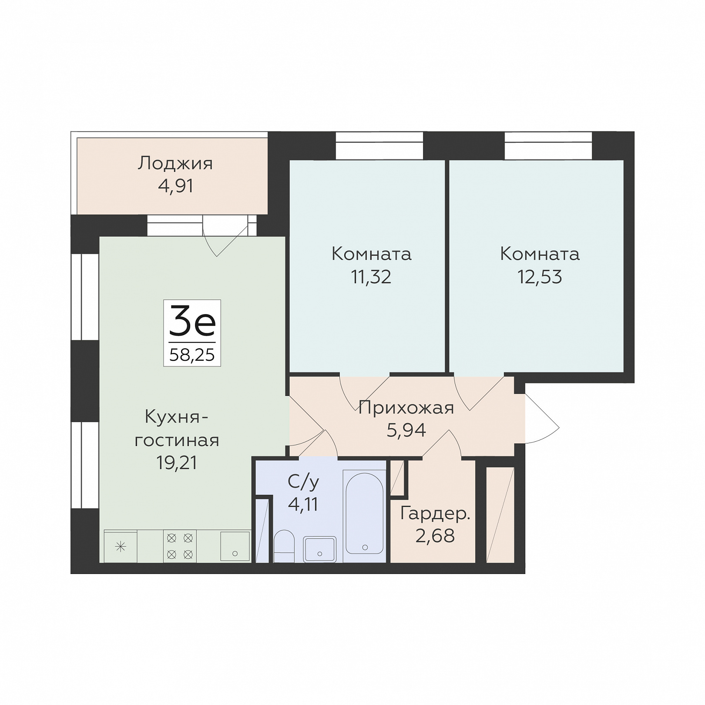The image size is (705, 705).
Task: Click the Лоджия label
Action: [x=175, y=164]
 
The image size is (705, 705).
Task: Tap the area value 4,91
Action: [x=176, y=186]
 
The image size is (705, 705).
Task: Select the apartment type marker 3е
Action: [x=192, y=321]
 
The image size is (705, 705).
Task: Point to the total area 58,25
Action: [x=192, y=355]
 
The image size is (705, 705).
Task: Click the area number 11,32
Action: [x=371, y=277]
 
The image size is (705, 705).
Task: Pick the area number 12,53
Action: [x=540, y=277]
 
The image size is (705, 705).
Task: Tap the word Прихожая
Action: [x=406, y=408]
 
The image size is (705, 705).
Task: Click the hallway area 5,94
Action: [x=406, y=430]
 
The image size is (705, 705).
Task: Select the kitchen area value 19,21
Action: [x=177, y=463]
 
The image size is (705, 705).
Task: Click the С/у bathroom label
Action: [x=303, y=482]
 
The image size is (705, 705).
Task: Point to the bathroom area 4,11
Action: [x=303, y=504]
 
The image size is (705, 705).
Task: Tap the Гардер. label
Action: [x=435, y=514]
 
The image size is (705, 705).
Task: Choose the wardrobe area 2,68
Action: [x=435, y=536]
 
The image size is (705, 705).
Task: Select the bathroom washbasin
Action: [x=320, y=549]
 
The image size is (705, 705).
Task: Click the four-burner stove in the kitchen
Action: [x=180, y=546]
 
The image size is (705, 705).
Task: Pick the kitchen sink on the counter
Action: [x=235, y=546]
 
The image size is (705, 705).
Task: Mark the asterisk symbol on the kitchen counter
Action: [x=121, y=547]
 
